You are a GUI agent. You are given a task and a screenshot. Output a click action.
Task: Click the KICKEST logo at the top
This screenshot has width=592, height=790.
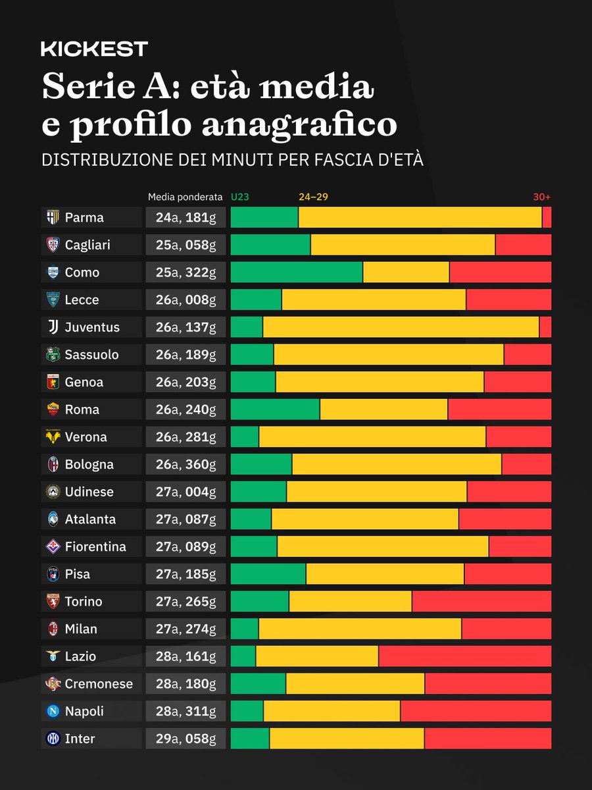pyautogui.click(x=94, y=49)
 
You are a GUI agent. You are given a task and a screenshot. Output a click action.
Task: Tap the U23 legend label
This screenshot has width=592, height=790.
pyautogui.click(x=239, y=197)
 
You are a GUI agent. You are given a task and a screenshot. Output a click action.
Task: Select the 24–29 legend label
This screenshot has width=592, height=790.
pyautogui.click(x=313, y=197)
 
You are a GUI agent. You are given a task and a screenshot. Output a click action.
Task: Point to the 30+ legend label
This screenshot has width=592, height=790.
pyautogui.click(x=541, y=197)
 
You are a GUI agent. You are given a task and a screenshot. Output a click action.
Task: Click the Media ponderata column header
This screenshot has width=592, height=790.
pyautogui.click(x=185, y=197)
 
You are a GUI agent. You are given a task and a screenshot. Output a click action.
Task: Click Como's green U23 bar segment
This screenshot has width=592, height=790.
pyautogui.click(x=296, y=273)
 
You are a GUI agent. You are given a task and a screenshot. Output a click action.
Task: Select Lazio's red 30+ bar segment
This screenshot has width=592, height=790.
pyautogui.click(x=464, y=656)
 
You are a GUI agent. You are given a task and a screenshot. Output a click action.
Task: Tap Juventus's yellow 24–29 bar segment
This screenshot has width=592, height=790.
pyautogui.click(x=400, y=327)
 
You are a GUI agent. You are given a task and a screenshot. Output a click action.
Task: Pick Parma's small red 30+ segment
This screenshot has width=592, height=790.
pyautogui.click(x=547, y=217)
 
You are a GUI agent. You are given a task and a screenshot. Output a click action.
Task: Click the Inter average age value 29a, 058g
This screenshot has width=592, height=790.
pyautogui.click(x=185, y=739)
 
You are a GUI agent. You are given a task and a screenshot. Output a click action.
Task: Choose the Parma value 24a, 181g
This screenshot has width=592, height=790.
pyautogui.click(x=185, y=217)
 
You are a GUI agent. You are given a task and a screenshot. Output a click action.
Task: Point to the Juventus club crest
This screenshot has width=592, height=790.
pyautogui.click(x=52, y=327)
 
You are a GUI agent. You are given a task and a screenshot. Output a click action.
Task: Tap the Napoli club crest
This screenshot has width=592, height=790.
pyautogui.click(x=52, y=711)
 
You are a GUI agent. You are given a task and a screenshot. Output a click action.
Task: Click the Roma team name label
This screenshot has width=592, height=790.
pyautogui.click(x=82, y=409)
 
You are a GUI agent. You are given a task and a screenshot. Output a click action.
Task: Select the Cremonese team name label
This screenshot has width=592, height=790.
pyautogui.click(x=99, y=684)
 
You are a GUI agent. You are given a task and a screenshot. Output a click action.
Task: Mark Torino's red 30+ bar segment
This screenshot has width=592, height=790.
pyautogui.click(x=481, y=602)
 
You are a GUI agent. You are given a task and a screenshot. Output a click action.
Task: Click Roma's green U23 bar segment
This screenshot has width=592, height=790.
pyautogui.click(x=275, y=409)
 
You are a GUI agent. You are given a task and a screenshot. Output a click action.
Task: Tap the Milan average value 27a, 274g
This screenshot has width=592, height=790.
pyautogui.click(x=185, y=629)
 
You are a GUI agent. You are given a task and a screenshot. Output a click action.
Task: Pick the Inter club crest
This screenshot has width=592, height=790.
pyautogui.click(x=52, y=739)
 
